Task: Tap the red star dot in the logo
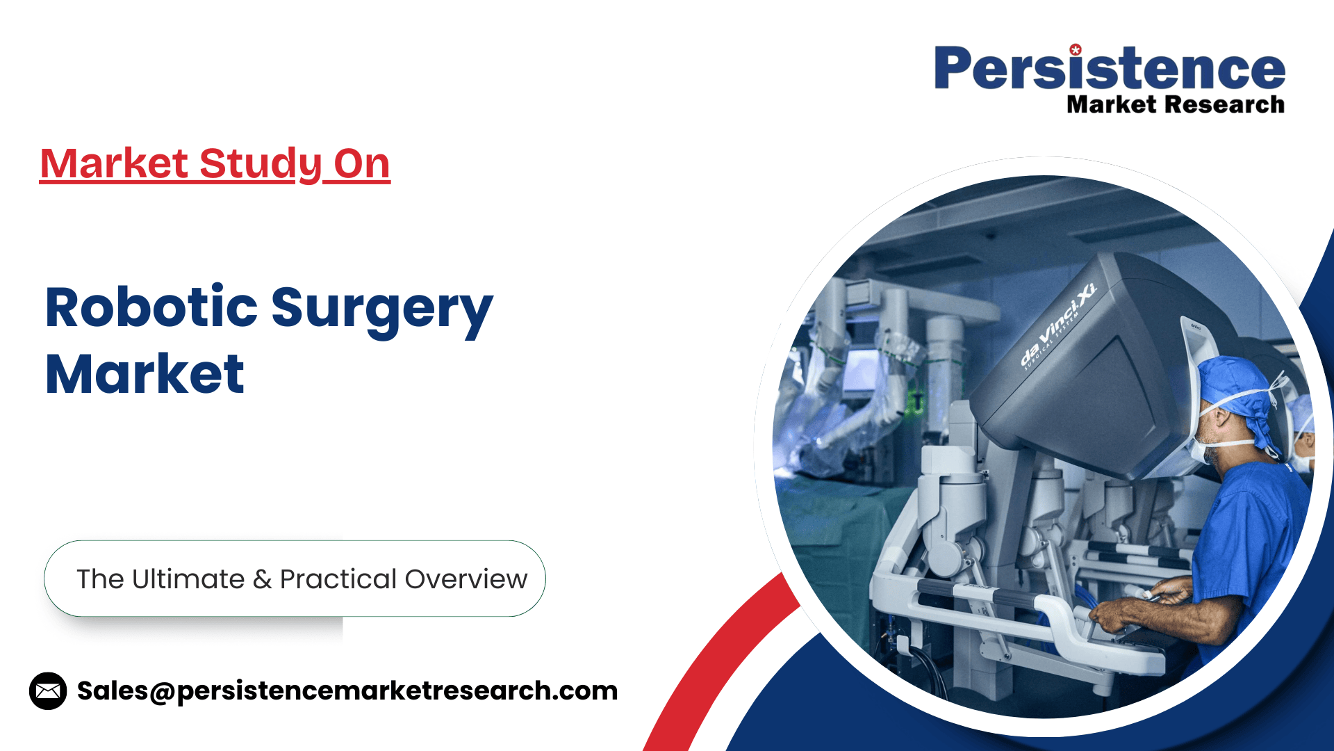click(x=1076, y=49)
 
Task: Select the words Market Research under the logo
click(x=1176, y=104)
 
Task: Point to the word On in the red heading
click(x=361, y=164)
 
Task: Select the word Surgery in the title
click(x=382, y=311)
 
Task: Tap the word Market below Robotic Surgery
click(x=145, y=373)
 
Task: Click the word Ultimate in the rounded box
click(x=188, y=579)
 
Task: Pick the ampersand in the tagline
click(x=262, y=579)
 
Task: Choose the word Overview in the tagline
click(x=466, y=579)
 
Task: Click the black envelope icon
click(x=48, y=691)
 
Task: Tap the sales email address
click(x=347, y=691)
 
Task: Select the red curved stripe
click(x=716, y=661)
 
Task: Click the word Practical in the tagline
click(x=338, y=579)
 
